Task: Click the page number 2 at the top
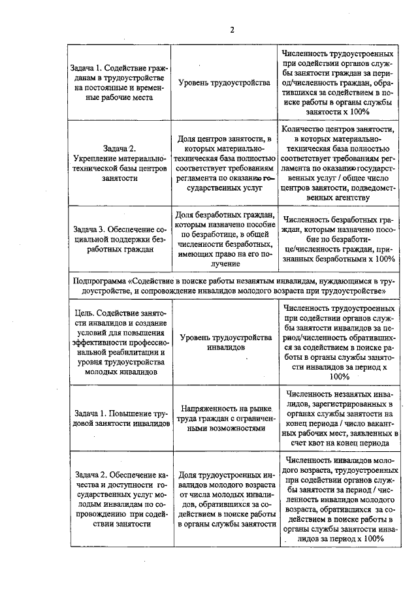tap(231, 29)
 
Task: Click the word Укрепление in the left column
tap(98, 159)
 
